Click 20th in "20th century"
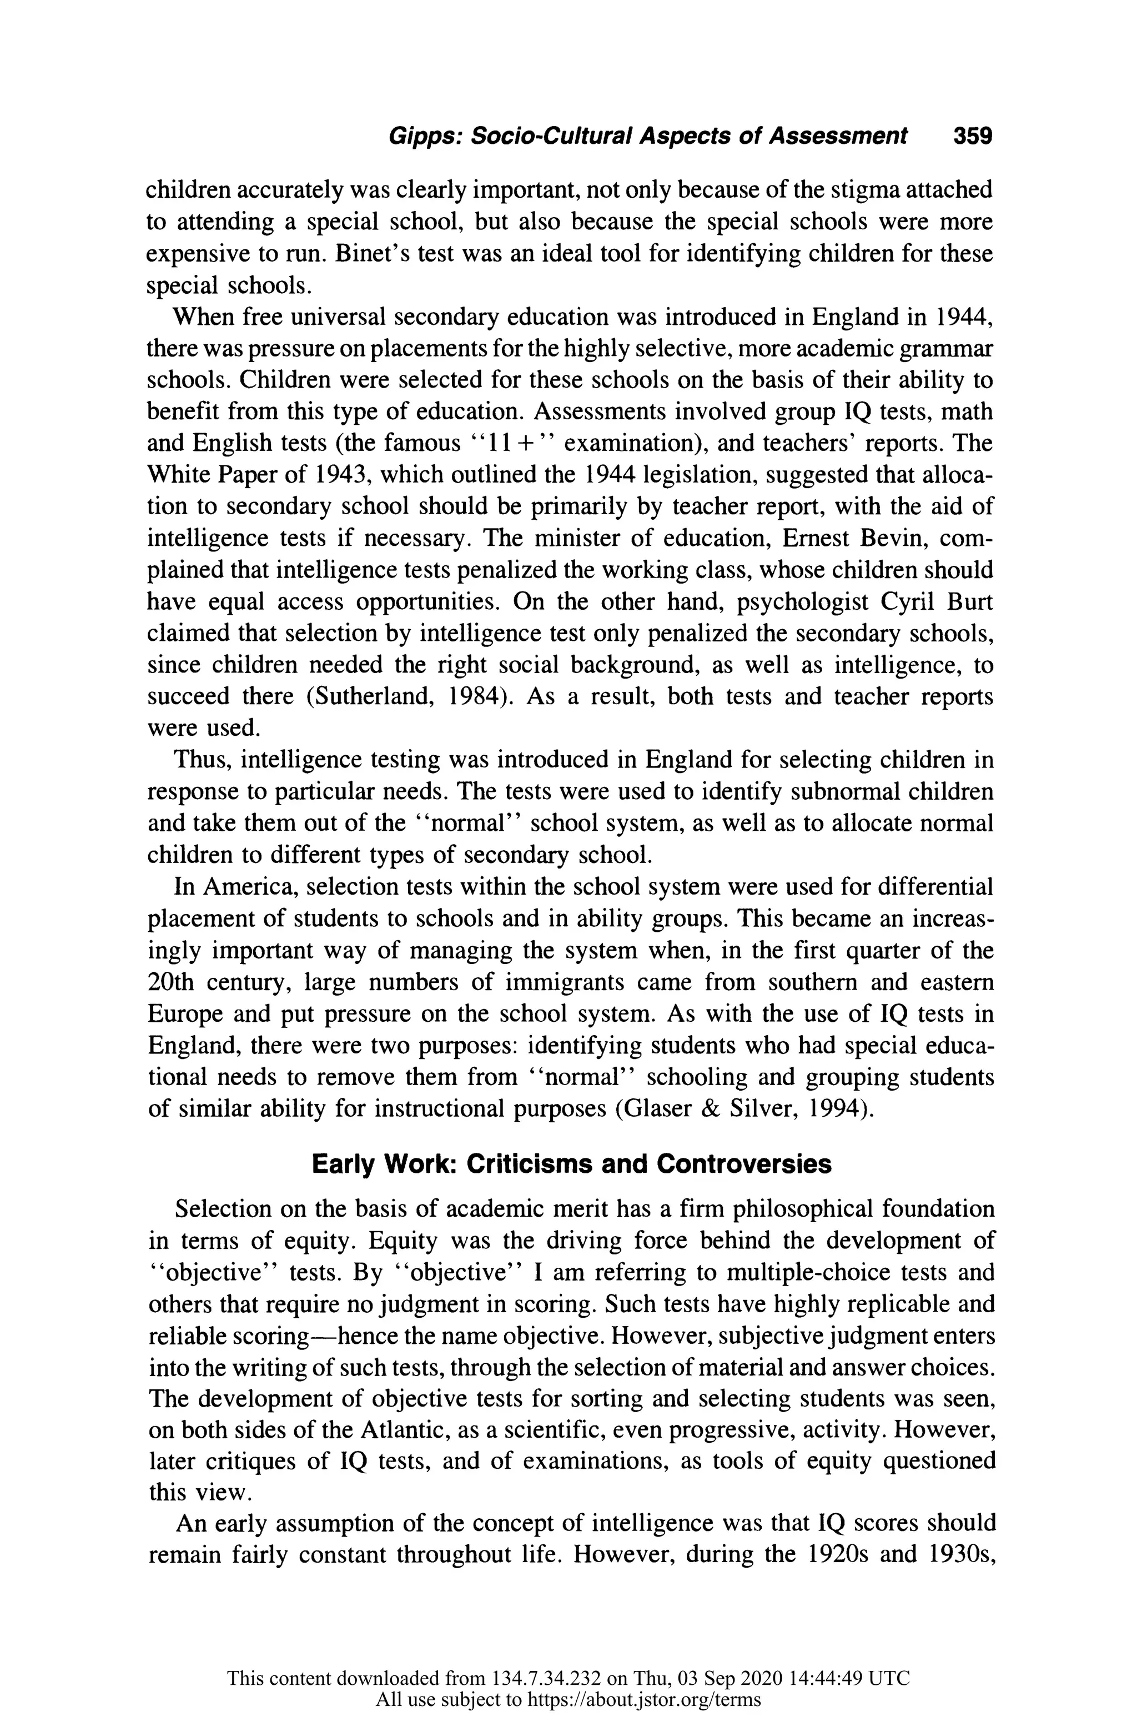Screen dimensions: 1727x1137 [x=172, y=982]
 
